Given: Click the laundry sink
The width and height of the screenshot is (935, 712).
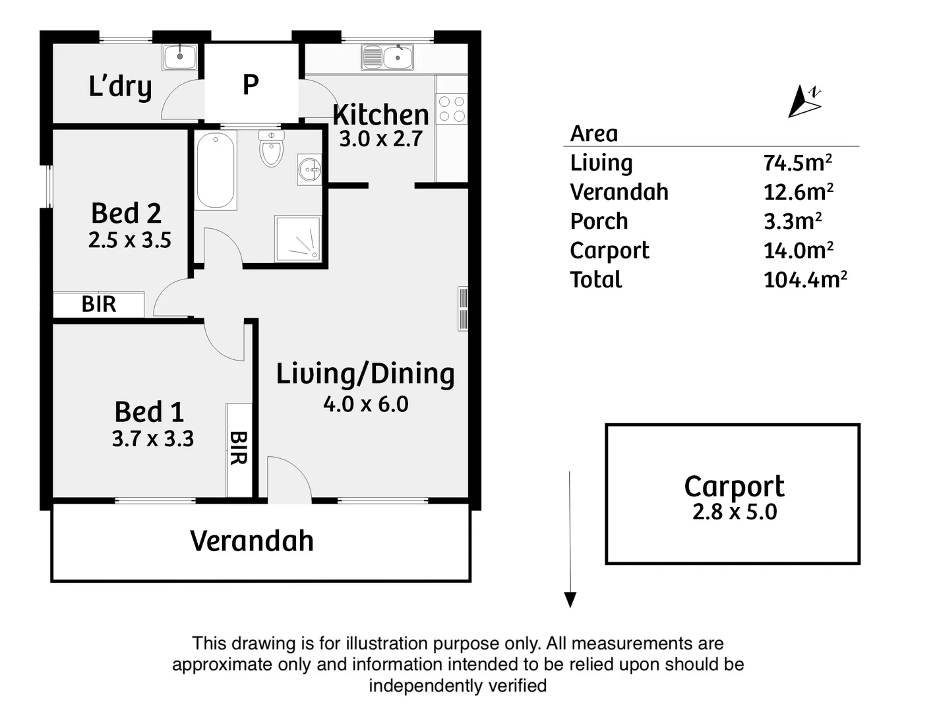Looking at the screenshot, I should click(x=179, y=57).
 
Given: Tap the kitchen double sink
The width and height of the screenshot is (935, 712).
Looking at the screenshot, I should click(x=388, y=57).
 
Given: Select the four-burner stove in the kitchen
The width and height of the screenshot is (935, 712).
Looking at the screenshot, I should click(x=452, y=109).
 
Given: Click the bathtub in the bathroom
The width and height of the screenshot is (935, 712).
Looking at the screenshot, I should click(x=216, y=170).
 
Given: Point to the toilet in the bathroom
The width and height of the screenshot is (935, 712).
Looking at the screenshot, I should click(x=271, y=148).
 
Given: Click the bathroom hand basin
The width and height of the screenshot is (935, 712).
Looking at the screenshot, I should click(x=309, y=170).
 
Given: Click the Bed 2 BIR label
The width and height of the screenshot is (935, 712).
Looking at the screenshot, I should click(x=99, y=304).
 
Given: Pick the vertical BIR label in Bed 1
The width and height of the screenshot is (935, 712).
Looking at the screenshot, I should click(x=238, y=448).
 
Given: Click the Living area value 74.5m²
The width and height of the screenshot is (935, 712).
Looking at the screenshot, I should click(x=797, y=162).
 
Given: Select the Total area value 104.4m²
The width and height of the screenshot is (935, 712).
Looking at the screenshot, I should click(x=804, y=280).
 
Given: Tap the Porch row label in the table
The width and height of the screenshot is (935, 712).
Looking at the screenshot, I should click(x=599, y=222).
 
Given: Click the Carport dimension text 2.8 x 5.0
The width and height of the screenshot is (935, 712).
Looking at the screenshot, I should click(x=734, y=512).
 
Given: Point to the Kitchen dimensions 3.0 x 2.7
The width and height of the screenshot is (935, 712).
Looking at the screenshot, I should click(x=380, y=139).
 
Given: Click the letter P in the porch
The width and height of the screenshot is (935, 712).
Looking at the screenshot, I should click(x=251, y=85).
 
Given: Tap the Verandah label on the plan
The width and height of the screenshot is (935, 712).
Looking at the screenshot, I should click(x=251, y=541).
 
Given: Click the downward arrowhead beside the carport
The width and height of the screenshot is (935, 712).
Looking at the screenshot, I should click(x=570, y=599).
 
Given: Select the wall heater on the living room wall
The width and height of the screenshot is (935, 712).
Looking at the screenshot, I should click(x=463, y=309).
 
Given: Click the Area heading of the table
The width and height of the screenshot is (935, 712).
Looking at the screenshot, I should click(x=594, y=134).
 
